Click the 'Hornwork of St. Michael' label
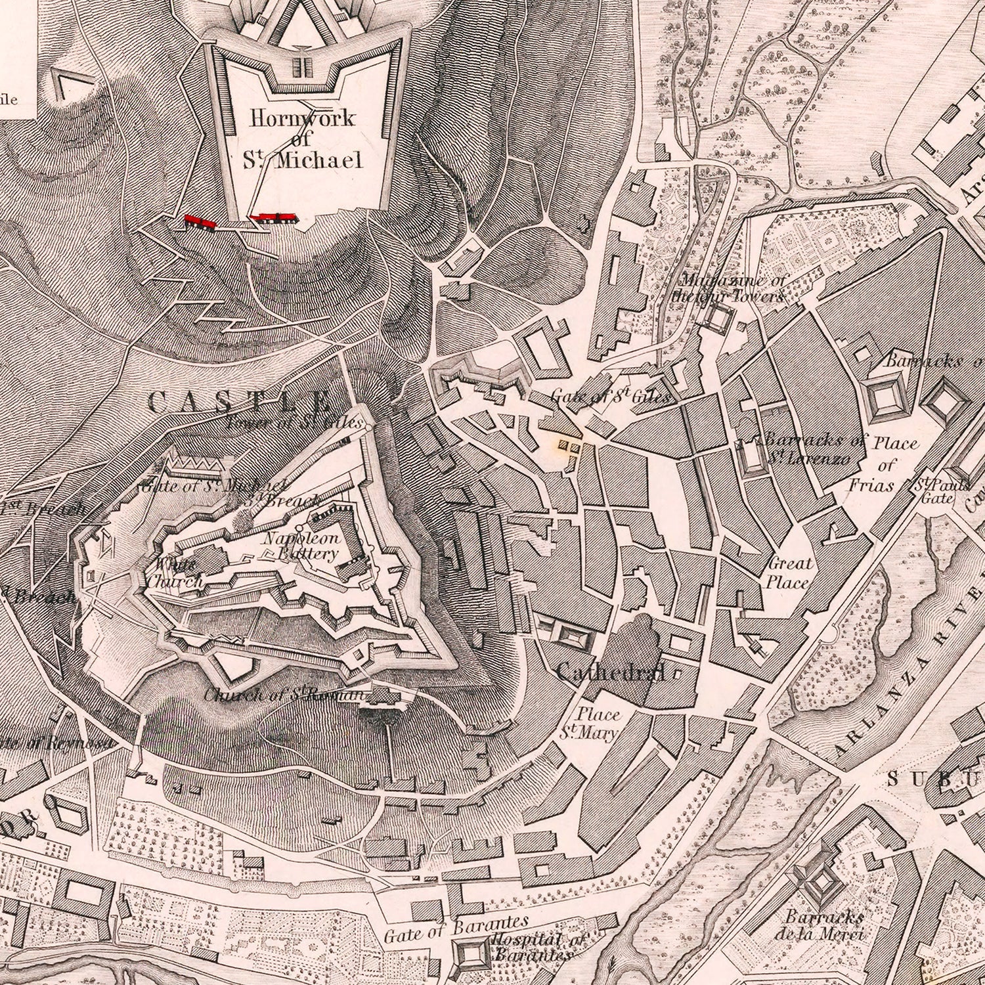point(303,139)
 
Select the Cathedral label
point(610,671)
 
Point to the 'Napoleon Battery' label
point(301,546)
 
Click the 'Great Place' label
point(790,573)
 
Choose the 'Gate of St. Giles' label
point(610,396)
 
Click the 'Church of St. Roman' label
point(282,695)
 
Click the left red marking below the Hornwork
point(200,221)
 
